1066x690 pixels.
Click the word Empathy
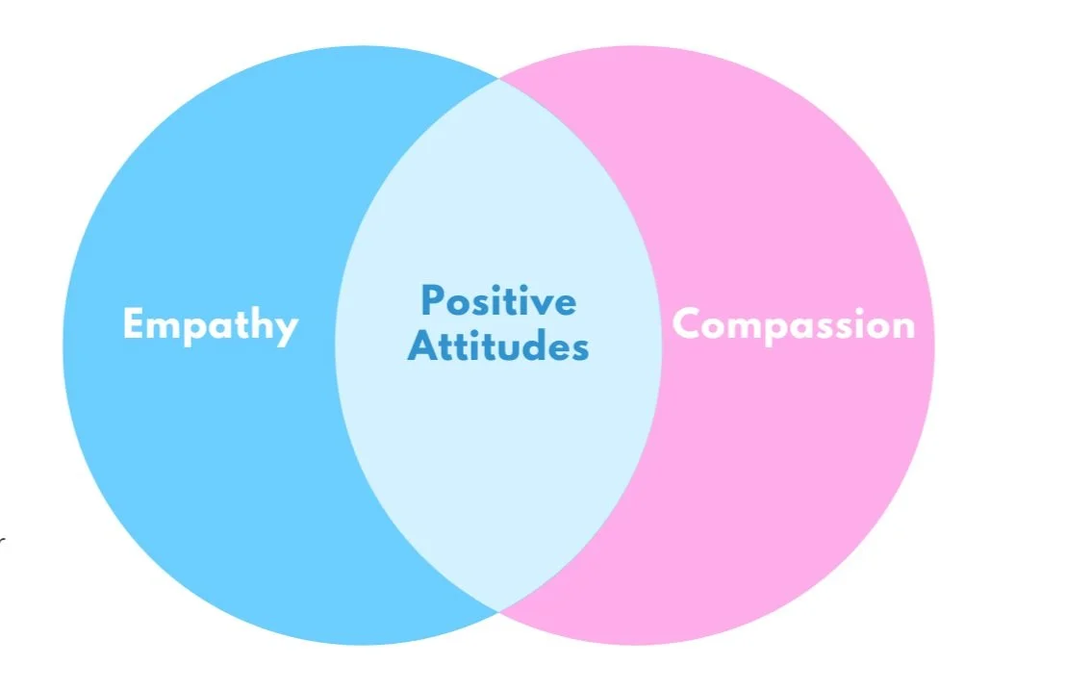211,324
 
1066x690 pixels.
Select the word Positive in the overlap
498,301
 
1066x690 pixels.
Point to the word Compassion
793,324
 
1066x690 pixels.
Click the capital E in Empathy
133,323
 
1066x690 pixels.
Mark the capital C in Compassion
685,324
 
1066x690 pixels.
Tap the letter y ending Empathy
286,329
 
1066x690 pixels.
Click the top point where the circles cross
498,79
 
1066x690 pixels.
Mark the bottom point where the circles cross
498,610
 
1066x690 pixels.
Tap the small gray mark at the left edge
2,541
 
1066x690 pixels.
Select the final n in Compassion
903,327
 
